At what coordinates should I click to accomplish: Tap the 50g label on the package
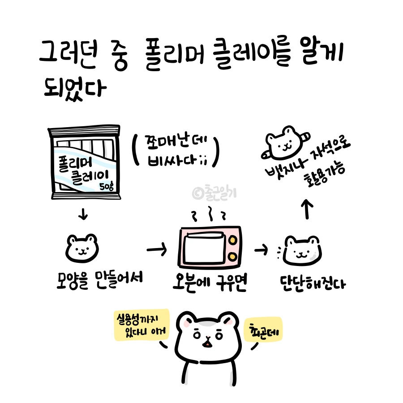point(108,186)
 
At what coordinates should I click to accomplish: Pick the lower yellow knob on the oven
point(233,256)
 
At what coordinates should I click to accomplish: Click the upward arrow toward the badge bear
point(307,209)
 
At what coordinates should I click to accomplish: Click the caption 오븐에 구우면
point(210,282)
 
